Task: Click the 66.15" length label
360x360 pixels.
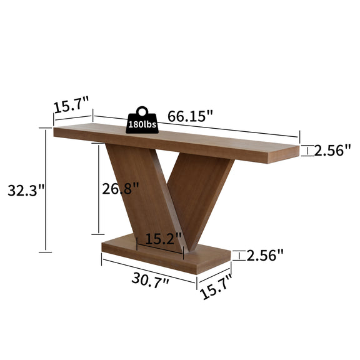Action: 191,116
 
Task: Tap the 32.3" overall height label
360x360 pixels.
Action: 26,190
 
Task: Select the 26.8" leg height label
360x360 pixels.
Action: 120,188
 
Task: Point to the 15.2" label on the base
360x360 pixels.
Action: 164,239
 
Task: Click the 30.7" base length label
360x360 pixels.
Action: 150,280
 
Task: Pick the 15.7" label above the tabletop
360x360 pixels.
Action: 71,105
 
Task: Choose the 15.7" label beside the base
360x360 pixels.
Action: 216,287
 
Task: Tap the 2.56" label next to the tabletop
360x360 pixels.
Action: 332,151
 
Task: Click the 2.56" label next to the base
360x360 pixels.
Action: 265,255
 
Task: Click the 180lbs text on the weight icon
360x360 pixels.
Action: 142,124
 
